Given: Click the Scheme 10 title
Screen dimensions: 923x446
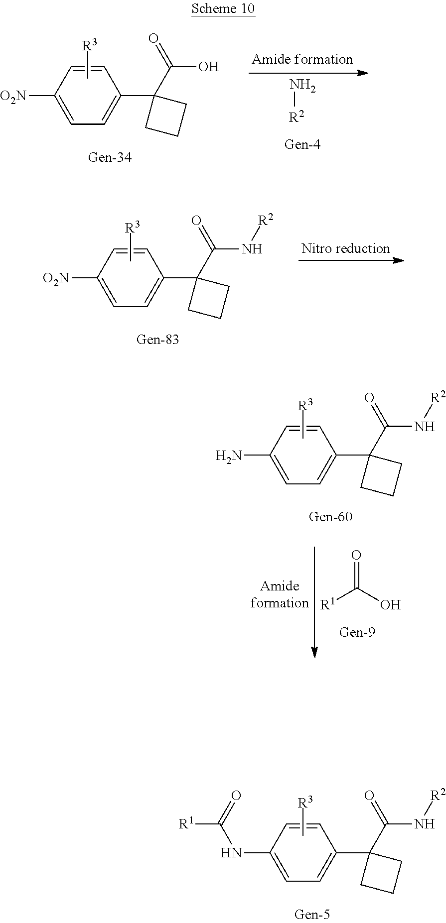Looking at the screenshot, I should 223,8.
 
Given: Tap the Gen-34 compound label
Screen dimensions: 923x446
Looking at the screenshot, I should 110,157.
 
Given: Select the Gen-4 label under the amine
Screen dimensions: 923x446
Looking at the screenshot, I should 302,144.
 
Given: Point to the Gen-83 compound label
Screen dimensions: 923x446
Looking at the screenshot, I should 157,340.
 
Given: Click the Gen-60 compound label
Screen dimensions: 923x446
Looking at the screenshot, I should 330,516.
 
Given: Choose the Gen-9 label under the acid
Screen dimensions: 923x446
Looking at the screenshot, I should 357,632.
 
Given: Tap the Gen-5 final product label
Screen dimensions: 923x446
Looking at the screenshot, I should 312,914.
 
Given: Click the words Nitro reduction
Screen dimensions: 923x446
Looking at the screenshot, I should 345,248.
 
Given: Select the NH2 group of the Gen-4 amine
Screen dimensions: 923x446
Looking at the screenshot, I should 302,87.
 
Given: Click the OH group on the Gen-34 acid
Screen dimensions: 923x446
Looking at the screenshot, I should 208,66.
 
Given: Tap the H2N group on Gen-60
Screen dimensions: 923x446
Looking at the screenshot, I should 229,456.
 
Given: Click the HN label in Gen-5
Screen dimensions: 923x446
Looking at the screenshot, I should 231,853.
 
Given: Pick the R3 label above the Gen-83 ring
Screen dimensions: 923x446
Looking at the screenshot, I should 132,229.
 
